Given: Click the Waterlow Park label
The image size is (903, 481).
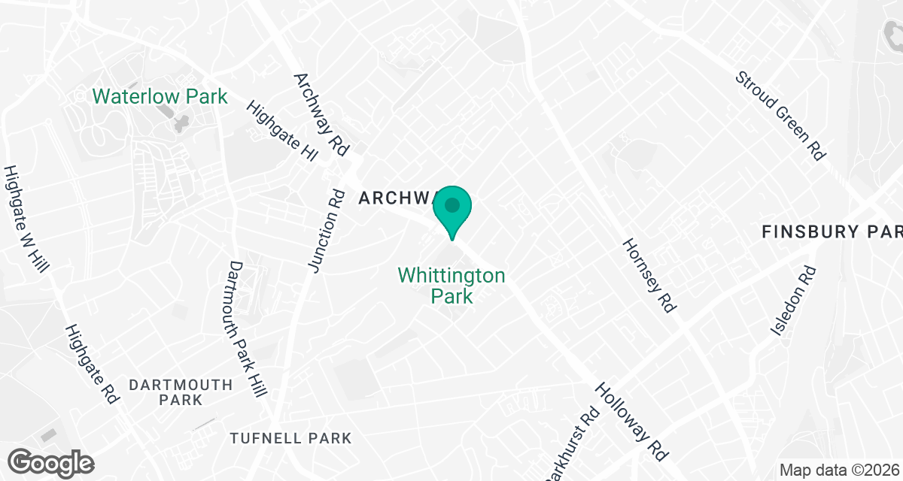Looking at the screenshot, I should pyautogui.click(x=160, y=96).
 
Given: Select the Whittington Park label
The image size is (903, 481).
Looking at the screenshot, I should pyautogui.click(x=451, y=286).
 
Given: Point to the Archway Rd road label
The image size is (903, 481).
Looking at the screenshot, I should pyautogui.click(x=321, y=114).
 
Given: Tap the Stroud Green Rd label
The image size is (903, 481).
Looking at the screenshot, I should pyautogui.click(x=780, y=115).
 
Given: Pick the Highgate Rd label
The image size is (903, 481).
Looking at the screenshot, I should pyautogui.click(x=93, y=365).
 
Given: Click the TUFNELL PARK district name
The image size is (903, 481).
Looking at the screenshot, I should pyautogui.click(x=290, y=438).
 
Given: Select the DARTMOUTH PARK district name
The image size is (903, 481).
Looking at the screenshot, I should pyautogui.click(x=181, y=392).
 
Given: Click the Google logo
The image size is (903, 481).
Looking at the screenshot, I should pyautogui.click(x=51, y=462).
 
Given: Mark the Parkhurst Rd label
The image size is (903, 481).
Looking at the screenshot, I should pyautogui.click(x=571, y=444).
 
